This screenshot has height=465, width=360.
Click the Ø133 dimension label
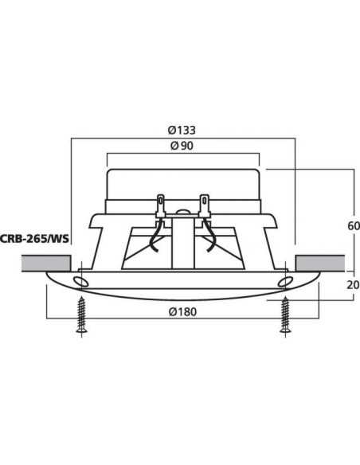pyautogui.click(x=183, y=130)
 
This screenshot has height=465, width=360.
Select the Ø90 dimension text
pyautogui.click(x=183, y=146)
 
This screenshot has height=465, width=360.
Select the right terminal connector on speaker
pyautogui.click(x=205, y=205)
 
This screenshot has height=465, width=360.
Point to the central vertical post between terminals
pyautogui.click(x=183, y=243)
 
